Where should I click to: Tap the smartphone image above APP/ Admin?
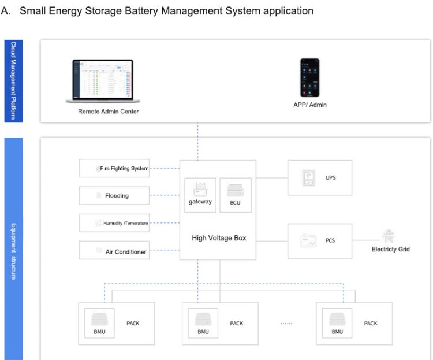tap(309, 77)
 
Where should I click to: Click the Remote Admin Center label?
tap(108, 111)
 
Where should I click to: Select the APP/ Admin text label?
tap(309, 105)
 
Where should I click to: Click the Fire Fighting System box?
tap(114, 169)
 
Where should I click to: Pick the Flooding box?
tap(114, 196)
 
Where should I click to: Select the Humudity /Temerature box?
tap(114, 223)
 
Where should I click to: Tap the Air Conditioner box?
tap(114, 251)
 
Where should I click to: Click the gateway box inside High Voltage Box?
tap(200, 195)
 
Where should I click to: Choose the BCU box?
tap(235, 195)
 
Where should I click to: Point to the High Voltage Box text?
tap(219, 238)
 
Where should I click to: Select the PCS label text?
tap(330, 240)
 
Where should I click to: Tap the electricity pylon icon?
tap(387, 237)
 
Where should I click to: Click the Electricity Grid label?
tap(390, 250)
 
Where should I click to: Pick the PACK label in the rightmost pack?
tap(371, 323)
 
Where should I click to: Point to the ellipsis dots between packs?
tap(286, 324)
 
